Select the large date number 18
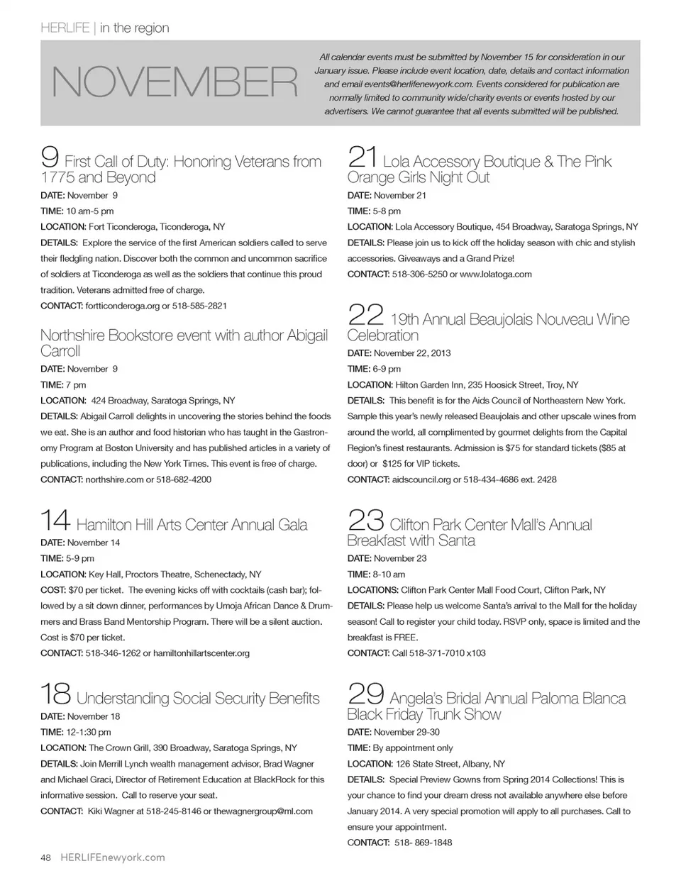[x=55, y=693]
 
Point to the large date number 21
[x=362, y=156]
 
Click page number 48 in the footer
[x=45, y=857]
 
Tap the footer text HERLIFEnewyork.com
[x=113, y=857]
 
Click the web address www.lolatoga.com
[x=495, y=274]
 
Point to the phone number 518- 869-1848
[x=423, y=843]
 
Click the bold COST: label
[x=53, y=590]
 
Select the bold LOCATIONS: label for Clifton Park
[x=372, y=590]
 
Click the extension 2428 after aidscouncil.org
[x=547, y=480]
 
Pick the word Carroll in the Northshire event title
[x=60, y=351]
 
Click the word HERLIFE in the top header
[x=65, y=28]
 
